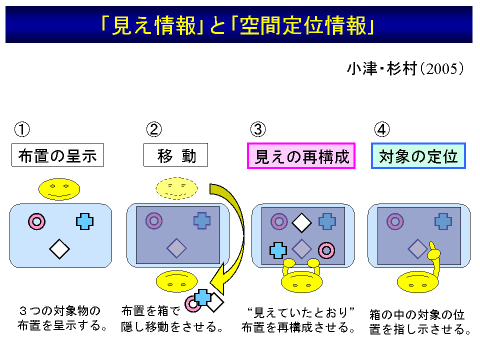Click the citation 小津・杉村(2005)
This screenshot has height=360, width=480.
coord(405,68)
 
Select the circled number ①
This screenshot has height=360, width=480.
coord(22,129)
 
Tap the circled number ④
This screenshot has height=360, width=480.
coord(382,129)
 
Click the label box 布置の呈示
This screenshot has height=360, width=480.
coord(57,155)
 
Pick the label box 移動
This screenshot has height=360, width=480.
coord(175,155)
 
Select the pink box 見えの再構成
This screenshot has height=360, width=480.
coord(301,156)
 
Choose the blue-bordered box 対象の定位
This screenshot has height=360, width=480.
coord(418,156)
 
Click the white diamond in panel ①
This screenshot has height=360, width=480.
coord(59,249)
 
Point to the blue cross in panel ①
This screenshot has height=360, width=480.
coord(85,221)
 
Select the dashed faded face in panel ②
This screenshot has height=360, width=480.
coord(176,188)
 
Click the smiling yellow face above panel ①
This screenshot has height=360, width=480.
coord(59,189)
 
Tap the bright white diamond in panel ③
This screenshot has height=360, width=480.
coord(302,222)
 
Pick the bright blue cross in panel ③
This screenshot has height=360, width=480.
coord(278,250)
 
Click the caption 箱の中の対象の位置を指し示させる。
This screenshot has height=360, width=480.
coord(420,322)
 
